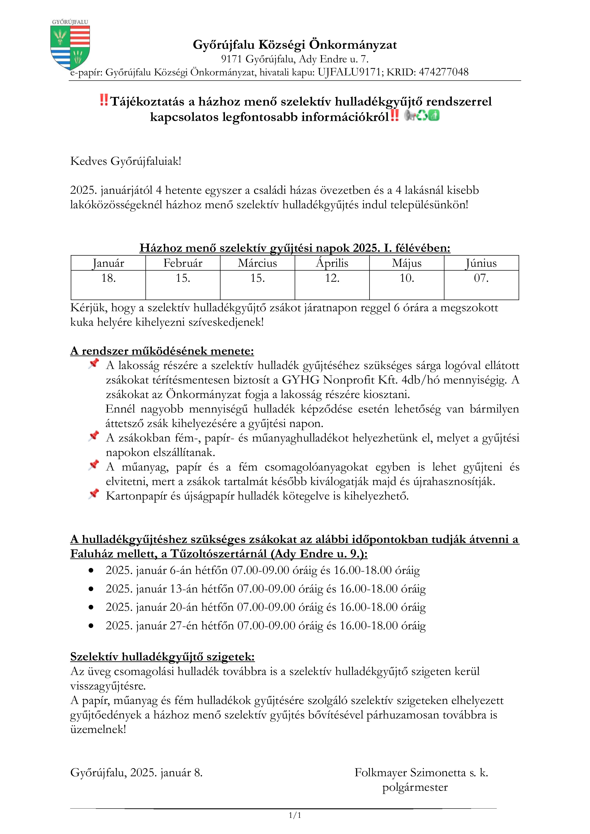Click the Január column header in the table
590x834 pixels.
click(108, 263)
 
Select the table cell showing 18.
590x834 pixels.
click(108, 278)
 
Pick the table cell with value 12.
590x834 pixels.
click(332, 278)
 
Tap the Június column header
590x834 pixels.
click(481, 263)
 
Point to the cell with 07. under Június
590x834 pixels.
click(481, 278)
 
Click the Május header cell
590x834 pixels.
click(407, 263)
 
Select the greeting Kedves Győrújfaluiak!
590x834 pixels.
click(126, 161)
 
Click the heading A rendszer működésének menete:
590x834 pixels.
click(162, 351)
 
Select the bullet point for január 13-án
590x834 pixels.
click(91, 589)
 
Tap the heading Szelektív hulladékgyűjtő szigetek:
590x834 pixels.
click(162, 657)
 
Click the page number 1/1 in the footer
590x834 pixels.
click(295, 815)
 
